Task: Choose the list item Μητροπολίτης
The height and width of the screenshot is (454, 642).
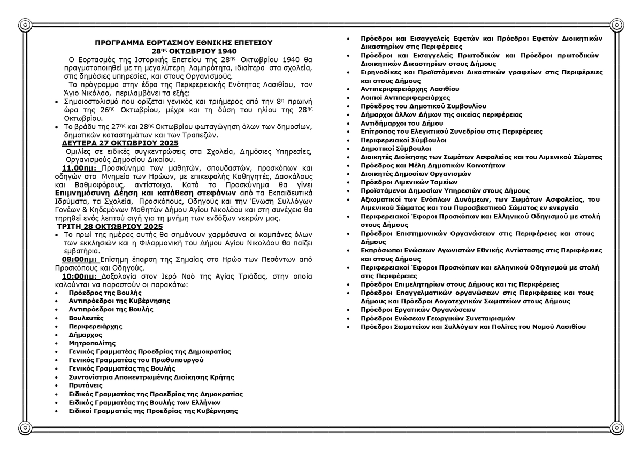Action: point(92,343)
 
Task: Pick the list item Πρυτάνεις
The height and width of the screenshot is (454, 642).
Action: point(86,386)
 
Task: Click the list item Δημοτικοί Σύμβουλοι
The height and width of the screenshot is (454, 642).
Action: point(396,149)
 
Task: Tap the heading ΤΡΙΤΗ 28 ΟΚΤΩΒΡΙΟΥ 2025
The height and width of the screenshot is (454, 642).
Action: point(112,226)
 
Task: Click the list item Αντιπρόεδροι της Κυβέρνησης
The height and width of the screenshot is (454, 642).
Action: point(119,301)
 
